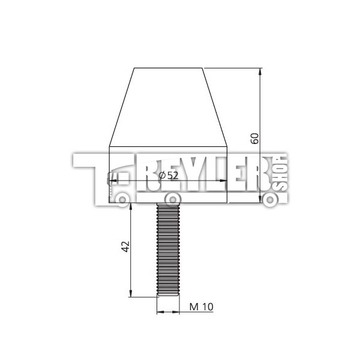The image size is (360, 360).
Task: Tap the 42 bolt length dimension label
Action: [x=125, y=247]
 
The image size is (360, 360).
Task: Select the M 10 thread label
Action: [x=202, y=307]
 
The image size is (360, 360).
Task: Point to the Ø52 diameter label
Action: [x=169, y=176]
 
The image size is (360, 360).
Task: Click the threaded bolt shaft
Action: [x=168, y=249]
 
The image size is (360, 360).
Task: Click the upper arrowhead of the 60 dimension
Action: [x=260, y=71]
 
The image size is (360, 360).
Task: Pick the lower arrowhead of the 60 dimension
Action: [x=260, y=199]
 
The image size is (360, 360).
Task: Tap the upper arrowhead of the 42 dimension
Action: [x=131, y=206]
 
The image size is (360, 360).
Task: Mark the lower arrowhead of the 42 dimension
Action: [x=131, y=293]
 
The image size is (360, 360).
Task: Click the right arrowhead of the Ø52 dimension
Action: [x=224, y=181]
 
